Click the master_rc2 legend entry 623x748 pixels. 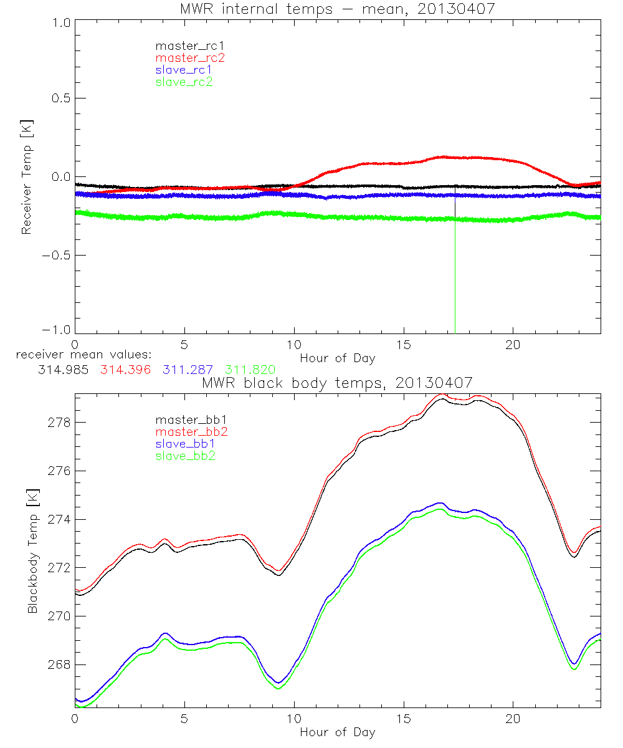tap(190, 57)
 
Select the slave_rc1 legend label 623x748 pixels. tap(185, 69)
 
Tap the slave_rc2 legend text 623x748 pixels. tap(184, 82)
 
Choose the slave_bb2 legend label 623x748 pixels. tap(185, 457)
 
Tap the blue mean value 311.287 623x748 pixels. tap(185, 370)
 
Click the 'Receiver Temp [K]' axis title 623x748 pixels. tap(26, 176)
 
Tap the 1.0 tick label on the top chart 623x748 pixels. tap(60, 21)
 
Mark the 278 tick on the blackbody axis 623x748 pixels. tap(59, 423)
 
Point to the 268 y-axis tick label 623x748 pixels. tap(59, 664)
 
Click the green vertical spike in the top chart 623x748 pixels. tap(455, 280)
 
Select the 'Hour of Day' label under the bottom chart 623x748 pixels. tap(337, 731)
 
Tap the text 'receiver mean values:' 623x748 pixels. tap(88, 355)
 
